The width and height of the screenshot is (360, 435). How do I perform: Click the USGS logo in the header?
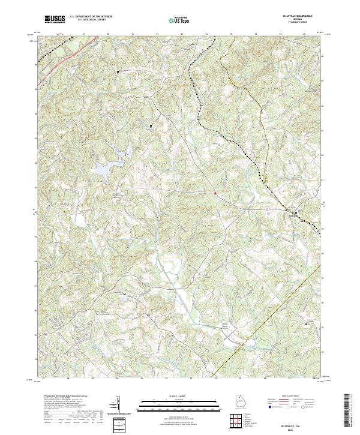pyautogui.click(x=55, y=19)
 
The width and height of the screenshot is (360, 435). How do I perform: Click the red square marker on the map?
pyautogui.click(x=214, y=193)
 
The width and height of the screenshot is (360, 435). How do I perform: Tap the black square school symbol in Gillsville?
pyautogui.click(x=295, y=213)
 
